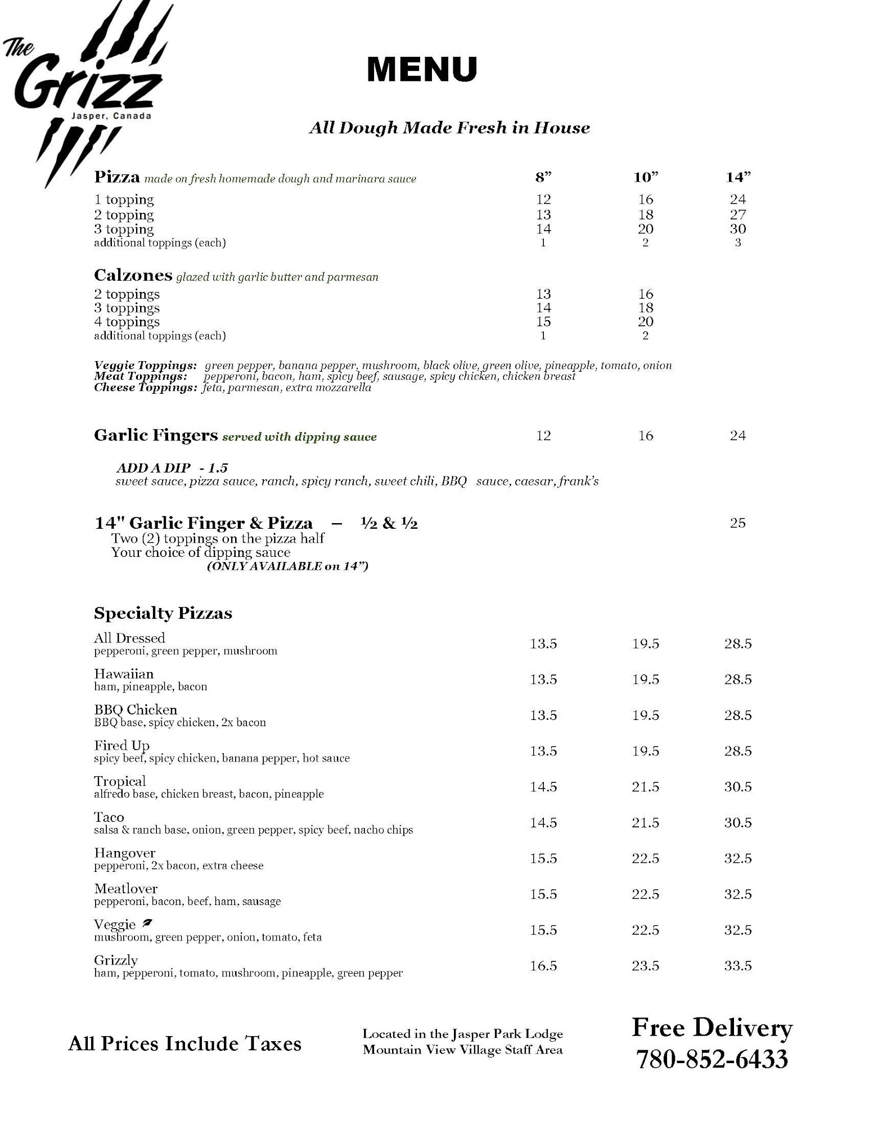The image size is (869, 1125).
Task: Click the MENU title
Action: pyautogui.click(x=422, y=69)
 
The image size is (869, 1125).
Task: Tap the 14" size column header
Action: pyautogui.click(x=737, y=178)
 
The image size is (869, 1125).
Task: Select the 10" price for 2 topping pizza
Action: pyautogui.click(x=645, y=214)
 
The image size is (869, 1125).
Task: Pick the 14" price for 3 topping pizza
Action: pyautogui.click(x=737, y=229)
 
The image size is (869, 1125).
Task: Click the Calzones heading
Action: pyautogui.click(x=133, y=275)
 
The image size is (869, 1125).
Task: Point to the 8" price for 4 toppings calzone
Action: pyautogui.click(x=543, y=322)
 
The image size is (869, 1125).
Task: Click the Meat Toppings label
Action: pyautogui.click(x=141, y=376)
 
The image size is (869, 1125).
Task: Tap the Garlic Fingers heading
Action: pyautogui.click(x=156, y=435)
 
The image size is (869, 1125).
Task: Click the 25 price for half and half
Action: pyautogui.click(x=737, y=523)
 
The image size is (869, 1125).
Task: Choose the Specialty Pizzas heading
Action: pyautogui.click(x=163, y=613)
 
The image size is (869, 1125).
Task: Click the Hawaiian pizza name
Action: pyautogui.click(x=124, y=674)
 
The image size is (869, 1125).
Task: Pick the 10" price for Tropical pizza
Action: pyautogui.click(x=645, y=787)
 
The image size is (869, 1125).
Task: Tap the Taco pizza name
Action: pyautogui.click(x=109, y=817)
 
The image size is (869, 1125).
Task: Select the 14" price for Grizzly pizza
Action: pyautogui.click(x=737, y=966)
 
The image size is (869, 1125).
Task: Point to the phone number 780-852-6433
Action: pyautogui.click(x=712, y=1060)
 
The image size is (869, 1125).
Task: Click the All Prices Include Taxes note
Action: pyautogui.click(x=184, y=1044)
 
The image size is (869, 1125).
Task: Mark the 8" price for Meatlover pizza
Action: pyautogui.click(x=543, y=894)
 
